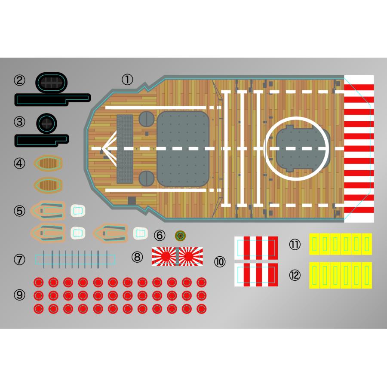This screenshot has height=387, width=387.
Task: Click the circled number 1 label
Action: point(127,79)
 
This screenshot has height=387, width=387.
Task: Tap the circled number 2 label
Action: point(20,80)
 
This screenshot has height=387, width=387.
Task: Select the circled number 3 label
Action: point(20,122)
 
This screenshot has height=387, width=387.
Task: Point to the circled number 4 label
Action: point(20,163)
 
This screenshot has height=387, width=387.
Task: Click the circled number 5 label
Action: point(20,211)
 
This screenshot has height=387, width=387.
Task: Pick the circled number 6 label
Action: point(160,235)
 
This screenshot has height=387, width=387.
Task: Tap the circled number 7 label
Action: point(20,259)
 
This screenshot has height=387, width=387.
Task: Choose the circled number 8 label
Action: point(137,257)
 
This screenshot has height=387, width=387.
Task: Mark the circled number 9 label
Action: point(20,295)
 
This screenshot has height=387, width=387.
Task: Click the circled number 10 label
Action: point(220,261)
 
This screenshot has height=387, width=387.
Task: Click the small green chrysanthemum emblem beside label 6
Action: point(181,235)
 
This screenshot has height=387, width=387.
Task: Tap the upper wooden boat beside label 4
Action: point(49,163)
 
